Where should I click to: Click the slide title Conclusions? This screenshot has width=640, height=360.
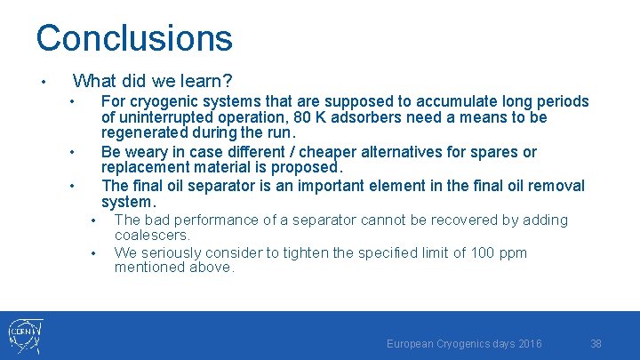[134, 38]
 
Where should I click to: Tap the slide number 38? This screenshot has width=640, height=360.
[596, 343]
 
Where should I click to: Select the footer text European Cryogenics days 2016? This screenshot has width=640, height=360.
[464, 343]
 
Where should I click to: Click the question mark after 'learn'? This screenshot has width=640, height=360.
[228, 82]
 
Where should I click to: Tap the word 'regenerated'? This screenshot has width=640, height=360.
[144, 133]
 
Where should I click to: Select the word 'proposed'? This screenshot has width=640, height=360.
[308, 168]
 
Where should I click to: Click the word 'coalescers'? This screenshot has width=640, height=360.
[152, 236]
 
